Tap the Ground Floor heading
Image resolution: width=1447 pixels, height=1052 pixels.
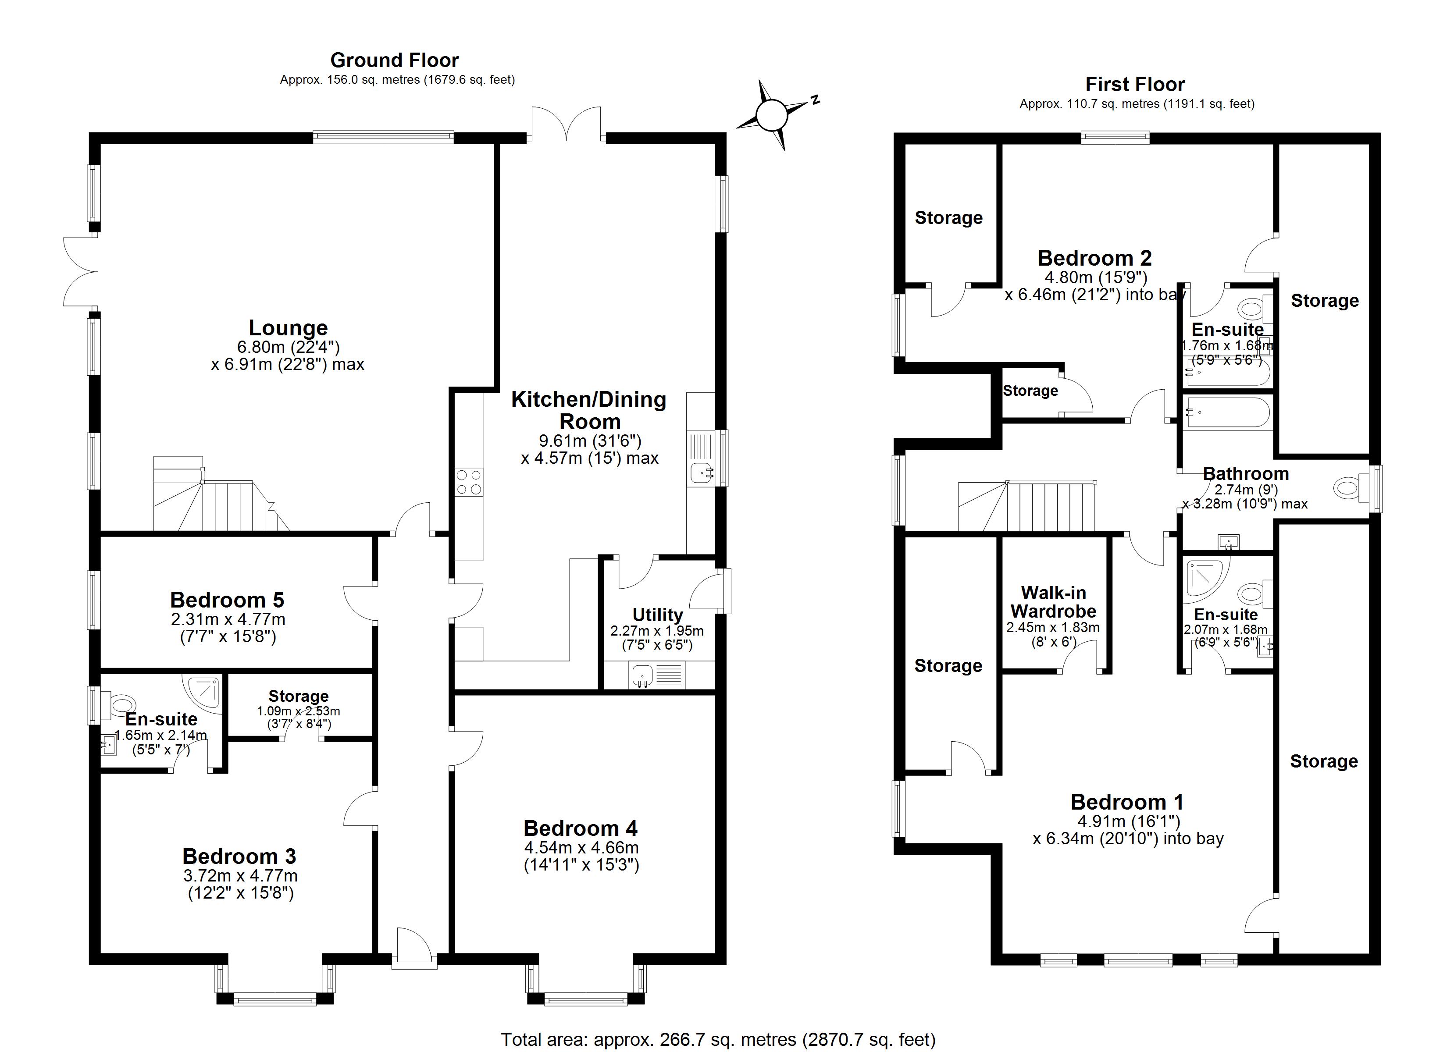(x=394, y=60)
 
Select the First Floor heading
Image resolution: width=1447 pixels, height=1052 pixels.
(x=1135, y=84)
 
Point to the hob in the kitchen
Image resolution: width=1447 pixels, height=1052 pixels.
(x=469, y=482)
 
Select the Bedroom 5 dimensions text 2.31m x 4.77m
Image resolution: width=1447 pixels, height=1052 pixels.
(x=228, y=619)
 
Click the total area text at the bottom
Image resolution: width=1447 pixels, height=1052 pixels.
(x=718, y=1039)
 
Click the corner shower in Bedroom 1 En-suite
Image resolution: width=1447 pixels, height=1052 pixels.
(x=1203, y=579)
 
